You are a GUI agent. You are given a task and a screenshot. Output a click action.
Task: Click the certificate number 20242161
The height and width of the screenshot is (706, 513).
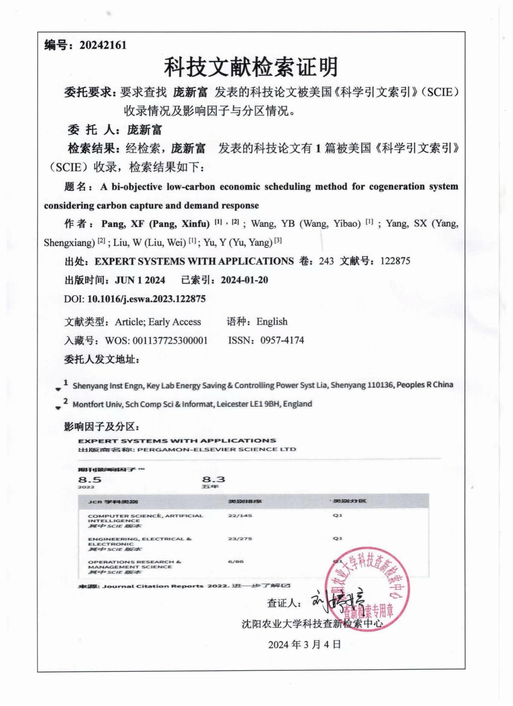pyautogui.click(x=103, y=45)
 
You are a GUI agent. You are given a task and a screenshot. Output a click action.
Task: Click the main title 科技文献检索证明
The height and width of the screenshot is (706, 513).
pyautogui.click(x=251, y=67)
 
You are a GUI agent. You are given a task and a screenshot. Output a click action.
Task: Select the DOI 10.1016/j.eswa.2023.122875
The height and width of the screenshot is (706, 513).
pyautogui.click(x=146, y=299)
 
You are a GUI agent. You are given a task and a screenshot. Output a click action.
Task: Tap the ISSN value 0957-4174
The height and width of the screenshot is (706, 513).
pyautogui.click(x=282, y=340)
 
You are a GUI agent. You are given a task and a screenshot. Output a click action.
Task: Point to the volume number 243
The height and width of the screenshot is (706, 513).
pyautogui.click(x=326, y=261)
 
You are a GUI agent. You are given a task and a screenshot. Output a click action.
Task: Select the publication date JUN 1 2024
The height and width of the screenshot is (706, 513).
pyautogui.click(x=140, y=280)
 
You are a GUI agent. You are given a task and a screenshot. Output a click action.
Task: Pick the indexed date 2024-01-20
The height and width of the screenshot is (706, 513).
pyautogui.click(x=244, y=280)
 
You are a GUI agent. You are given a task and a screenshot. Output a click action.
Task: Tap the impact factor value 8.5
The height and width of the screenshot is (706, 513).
pyautogui.click(x=90, y=480)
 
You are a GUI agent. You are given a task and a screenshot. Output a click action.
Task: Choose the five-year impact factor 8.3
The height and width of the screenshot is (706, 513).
pyautogui.click(x=213, y=480)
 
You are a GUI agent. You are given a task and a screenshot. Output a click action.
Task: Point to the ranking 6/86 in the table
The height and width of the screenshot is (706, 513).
pyautogui.click(x=236, y=561)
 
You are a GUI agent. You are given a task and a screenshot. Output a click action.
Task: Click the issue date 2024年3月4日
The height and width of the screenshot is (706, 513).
pyautogui.click(x=304, y=645)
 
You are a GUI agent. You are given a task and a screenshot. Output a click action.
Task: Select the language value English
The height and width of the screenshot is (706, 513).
pyautogui.click(x=272, y=322)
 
